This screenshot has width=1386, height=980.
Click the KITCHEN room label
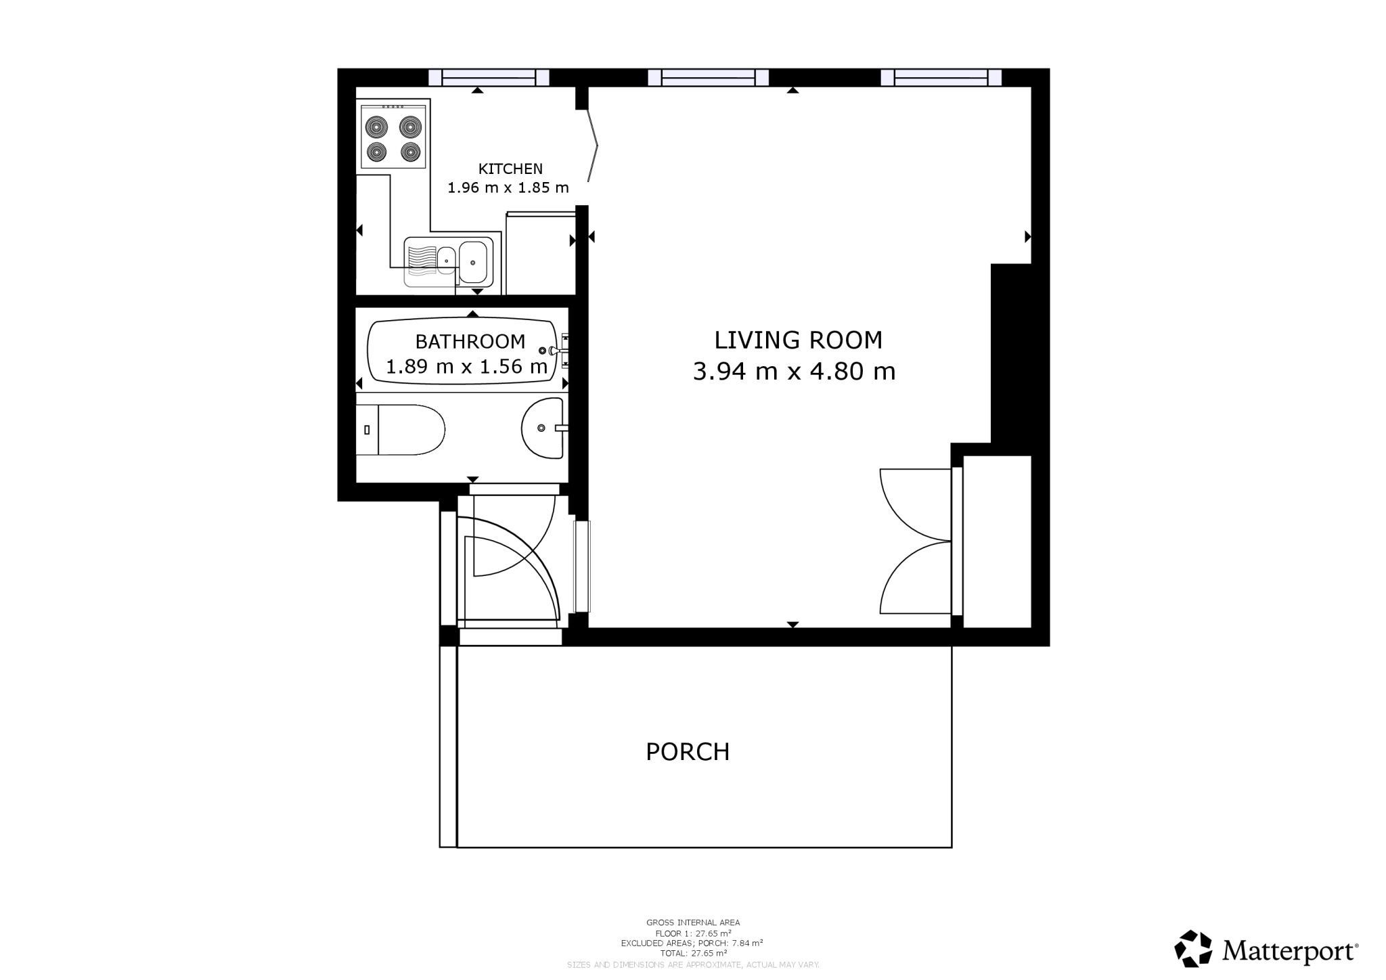(510, 169)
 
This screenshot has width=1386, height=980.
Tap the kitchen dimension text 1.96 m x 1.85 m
(508, 187)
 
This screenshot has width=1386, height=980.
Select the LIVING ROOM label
(798, 340)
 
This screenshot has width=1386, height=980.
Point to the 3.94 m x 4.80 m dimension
(794, 372)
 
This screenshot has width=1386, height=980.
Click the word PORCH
(688, 752)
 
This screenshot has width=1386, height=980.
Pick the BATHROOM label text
(470, 341)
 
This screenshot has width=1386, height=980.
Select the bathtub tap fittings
(555, 350)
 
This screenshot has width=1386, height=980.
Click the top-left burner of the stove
(376, 127)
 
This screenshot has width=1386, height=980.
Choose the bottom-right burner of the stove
(411, 151)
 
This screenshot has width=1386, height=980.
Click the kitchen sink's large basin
(473, 261)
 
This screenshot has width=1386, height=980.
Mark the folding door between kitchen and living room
(593, 145)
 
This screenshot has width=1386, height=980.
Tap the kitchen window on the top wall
(489, 78)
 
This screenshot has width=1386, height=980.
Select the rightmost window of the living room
(941, 78)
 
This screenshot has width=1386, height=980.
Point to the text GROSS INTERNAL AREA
(693, 922)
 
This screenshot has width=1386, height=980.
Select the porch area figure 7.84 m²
(747, 943)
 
